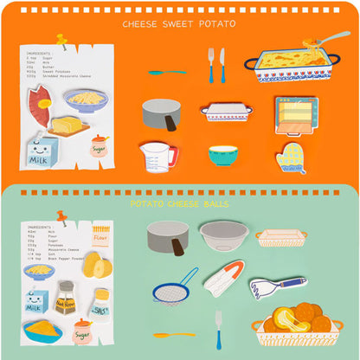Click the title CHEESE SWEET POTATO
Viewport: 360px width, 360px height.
(x=179, y=24)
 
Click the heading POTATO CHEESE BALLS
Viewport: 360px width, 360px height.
(x=179, y=204)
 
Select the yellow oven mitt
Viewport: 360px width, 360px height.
(x=292, y=157)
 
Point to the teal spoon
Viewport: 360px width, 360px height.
(x=165, y=72)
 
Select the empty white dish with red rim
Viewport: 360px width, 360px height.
(x=226, y=112)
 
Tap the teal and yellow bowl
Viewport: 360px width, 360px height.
(x=223, y=155)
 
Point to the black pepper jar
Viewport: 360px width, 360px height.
(x=65, y=298)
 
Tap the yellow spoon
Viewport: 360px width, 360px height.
(x=174, y=334)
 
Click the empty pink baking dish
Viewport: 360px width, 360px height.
(x=280, y=237)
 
